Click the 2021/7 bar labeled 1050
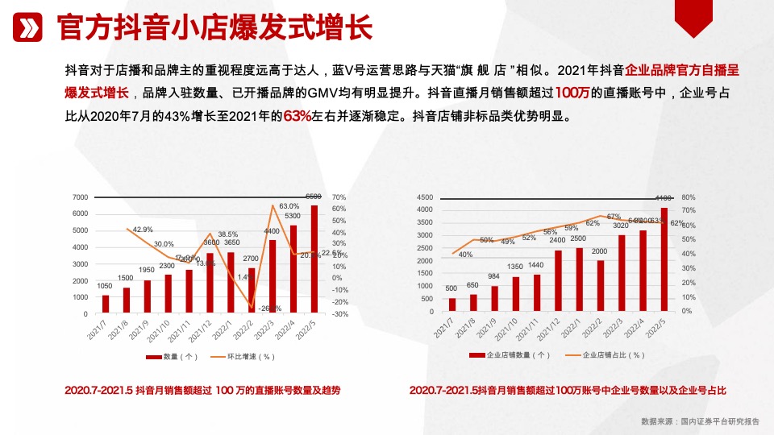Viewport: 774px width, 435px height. click(x=105, y=304)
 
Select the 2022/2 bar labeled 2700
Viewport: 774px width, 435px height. click(x=251, y=290)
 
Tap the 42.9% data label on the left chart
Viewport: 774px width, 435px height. click(x=144, y=230)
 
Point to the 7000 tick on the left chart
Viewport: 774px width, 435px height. click(x=80, y=197)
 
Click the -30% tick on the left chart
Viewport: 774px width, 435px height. click(x=339, y=314)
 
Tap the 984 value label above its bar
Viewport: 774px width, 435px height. click(x=494, y=275)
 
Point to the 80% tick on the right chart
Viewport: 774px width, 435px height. click(x=688, y=197)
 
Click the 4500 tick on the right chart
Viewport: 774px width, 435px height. click(x=425, y=197)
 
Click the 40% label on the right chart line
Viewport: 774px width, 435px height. click(x=465, y=255)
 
